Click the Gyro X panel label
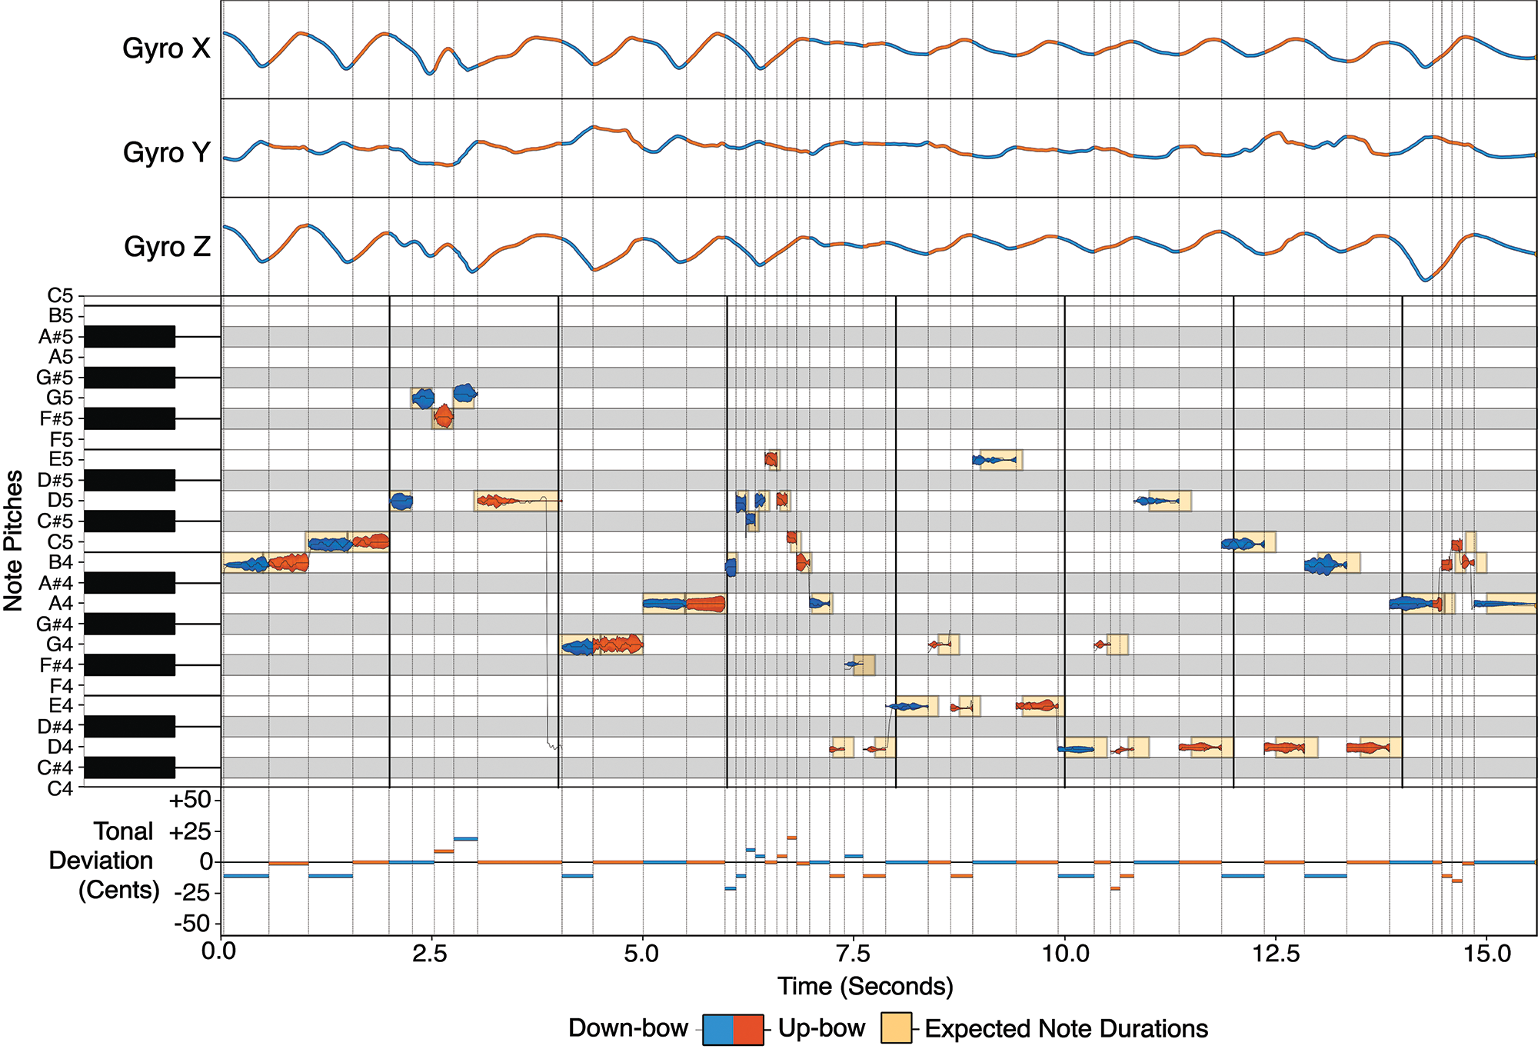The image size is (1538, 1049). pos(166,48)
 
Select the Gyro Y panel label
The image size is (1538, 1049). pos(166,152)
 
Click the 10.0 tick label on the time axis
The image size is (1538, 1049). pos(1065,954)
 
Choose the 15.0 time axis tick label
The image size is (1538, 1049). pos(1487,954)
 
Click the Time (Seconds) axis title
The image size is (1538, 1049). pos(865,986)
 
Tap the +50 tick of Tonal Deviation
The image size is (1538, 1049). pos(189,800)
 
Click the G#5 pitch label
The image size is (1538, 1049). pos(55,378)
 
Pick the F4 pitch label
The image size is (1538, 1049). pos(61,685)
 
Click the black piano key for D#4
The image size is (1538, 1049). pos(129,726)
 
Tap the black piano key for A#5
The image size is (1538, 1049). pos(129,336)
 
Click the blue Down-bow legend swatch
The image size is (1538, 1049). pos(718,1029)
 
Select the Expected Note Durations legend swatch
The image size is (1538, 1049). pos(896,1028)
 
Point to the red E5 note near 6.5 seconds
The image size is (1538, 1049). pos(771,459)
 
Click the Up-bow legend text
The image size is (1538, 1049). pos(821,1028)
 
